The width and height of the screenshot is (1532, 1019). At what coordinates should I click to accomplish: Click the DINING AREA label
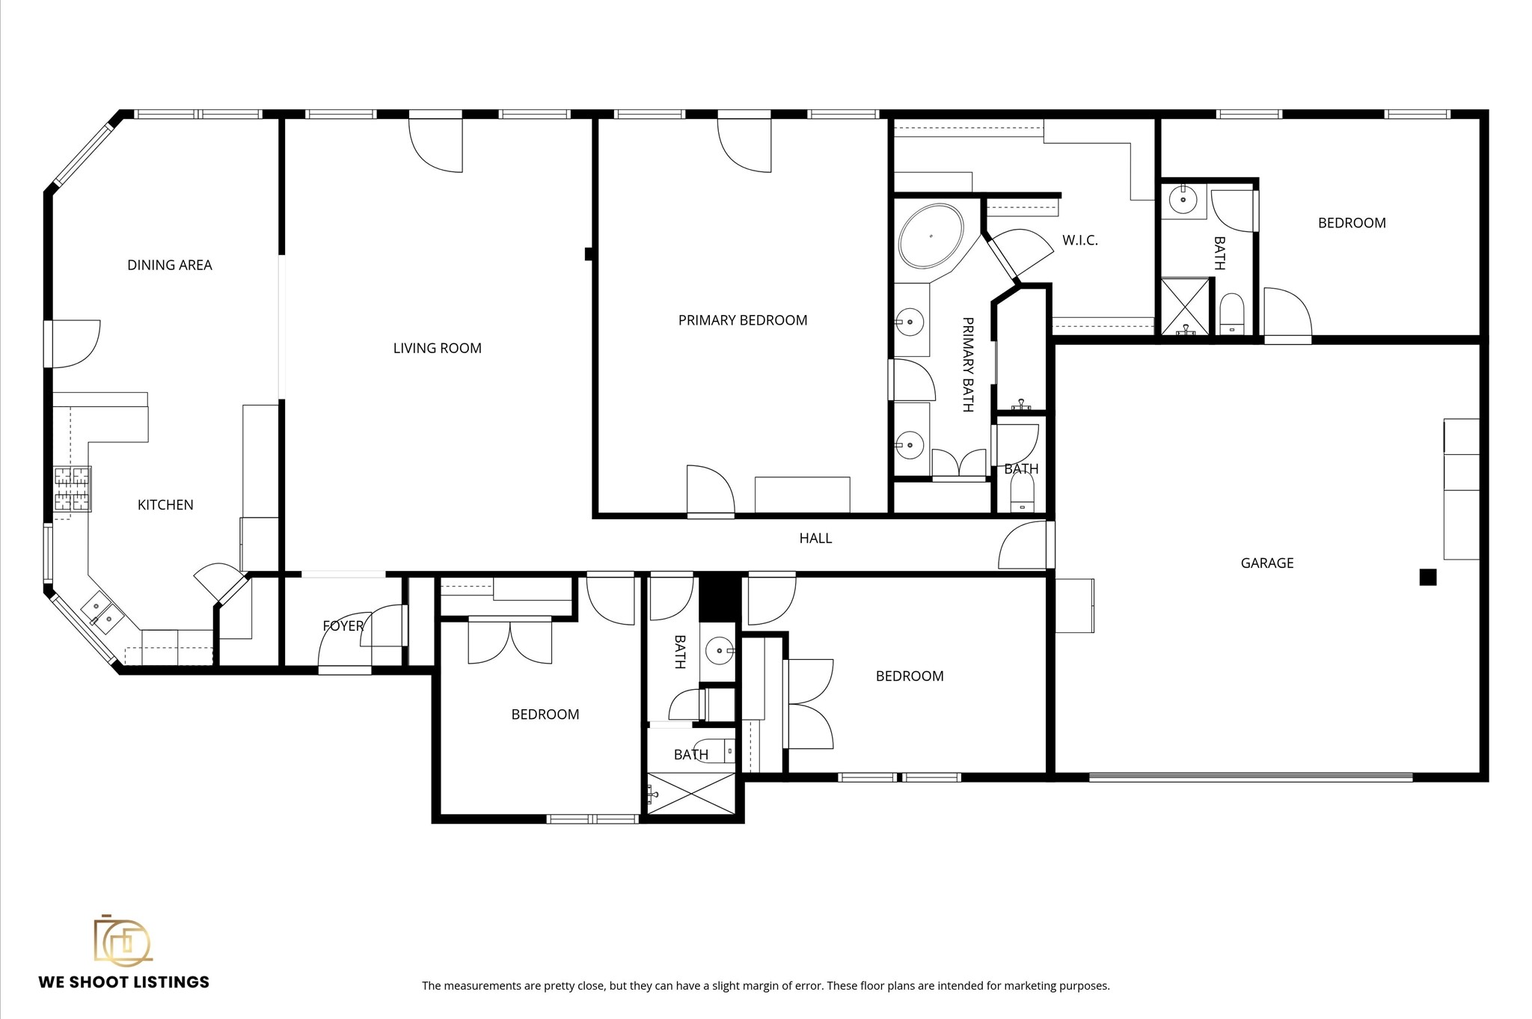tap(170, 265)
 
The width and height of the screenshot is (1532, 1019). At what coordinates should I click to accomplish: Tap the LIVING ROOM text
tap(437, 348)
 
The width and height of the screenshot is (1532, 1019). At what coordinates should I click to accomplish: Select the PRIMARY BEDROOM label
tap(742, 320)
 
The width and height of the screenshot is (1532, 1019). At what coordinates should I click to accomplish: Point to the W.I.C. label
tap(1079, 240)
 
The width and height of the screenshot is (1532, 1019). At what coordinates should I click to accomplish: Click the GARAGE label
tap(1266, 563)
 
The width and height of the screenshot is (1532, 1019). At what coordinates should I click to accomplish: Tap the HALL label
tap(815, 538)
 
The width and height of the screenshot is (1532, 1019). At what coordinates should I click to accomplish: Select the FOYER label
tap(343, 626)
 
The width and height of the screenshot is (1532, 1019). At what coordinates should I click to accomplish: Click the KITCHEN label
tap(165, 505)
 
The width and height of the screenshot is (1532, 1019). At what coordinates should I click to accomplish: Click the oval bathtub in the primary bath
tap(931, 236)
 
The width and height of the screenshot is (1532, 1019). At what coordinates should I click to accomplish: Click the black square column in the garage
tap(1427, 577)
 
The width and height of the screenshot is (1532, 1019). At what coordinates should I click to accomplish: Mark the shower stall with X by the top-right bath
tap(1184, 306)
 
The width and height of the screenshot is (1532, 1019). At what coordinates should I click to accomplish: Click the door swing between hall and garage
tap(1023, 545)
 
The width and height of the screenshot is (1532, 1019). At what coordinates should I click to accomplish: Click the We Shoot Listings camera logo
tap(122, 940)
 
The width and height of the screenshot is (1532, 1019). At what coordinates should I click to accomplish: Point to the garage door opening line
tap(1250, 777)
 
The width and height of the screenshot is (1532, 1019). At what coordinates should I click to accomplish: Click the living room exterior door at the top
tap(436, 144)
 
